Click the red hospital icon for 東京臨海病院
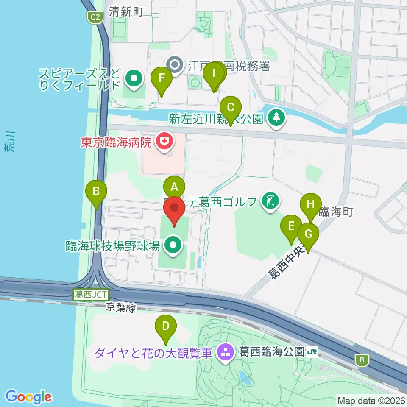coord(162,141)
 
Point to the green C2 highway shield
coord(95,17)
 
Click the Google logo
coord(28,397)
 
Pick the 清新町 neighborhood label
coord(126,11)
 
